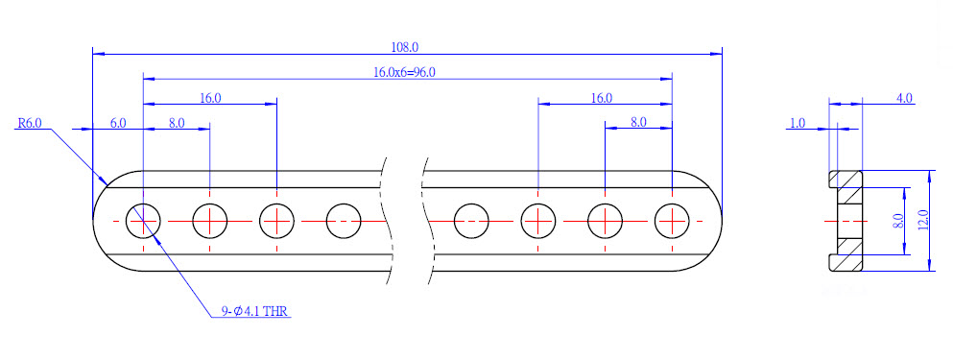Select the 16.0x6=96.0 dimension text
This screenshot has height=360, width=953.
404,72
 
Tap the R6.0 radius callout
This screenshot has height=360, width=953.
29,123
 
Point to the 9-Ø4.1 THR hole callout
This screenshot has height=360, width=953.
255,311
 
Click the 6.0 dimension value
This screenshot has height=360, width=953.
118,123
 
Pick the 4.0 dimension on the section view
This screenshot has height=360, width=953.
904,99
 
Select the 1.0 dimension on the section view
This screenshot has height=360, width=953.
797,123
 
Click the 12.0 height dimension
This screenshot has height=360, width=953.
922,221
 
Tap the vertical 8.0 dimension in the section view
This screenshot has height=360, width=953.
897,221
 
